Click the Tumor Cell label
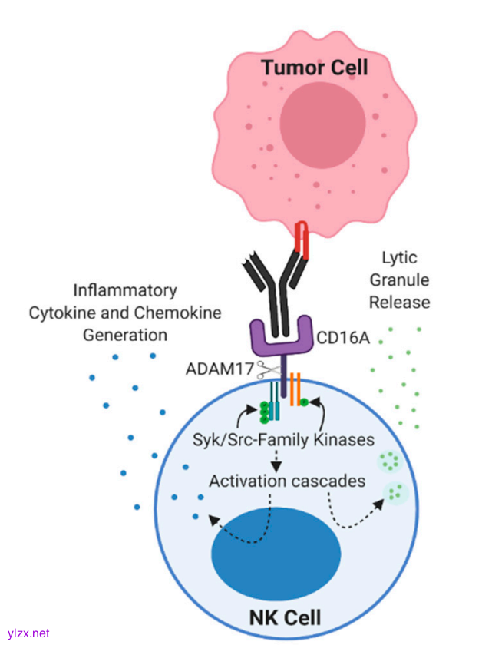tap(315, 68)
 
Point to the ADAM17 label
tap(220, 369)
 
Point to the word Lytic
tap(398, 259)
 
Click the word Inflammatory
tap(125, 291)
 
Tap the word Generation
tap(125, 335)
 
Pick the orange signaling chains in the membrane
tap(295, 385)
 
